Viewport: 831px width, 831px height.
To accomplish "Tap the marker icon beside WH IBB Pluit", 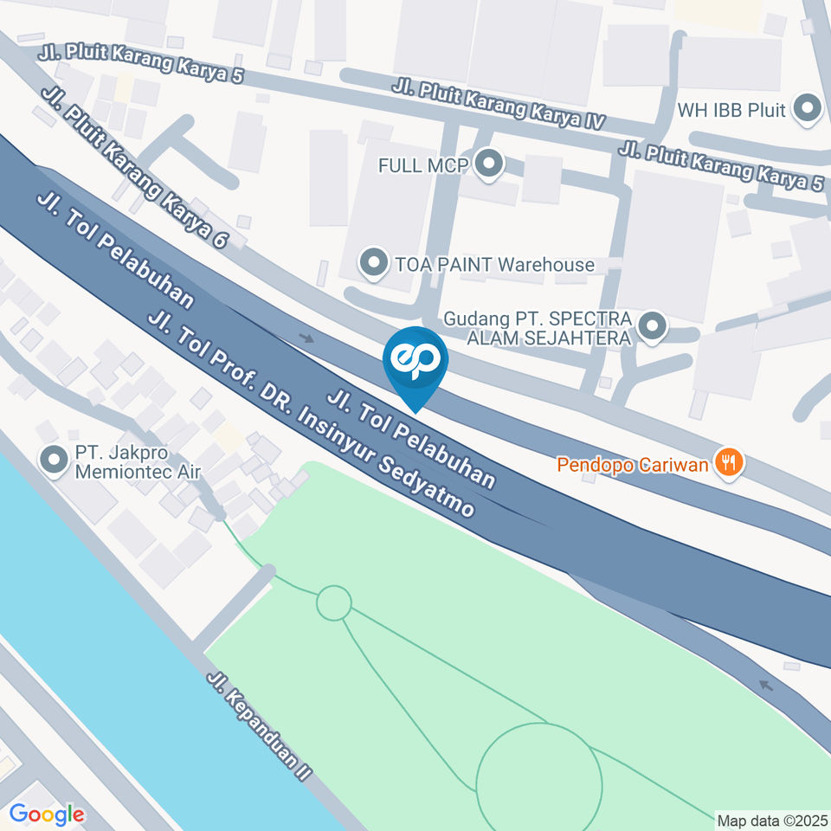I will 808,110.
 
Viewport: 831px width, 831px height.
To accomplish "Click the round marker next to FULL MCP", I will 490,164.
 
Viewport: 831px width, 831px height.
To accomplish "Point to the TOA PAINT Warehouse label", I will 494,264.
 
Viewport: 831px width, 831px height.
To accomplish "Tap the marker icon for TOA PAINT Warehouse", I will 374,263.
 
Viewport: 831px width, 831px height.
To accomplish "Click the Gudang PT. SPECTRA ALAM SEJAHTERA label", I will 537,328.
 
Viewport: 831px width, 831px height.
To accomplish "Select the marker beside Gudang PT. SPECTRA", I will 653,327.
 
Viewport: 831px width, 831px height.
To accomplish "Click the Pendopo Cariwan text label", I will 633,464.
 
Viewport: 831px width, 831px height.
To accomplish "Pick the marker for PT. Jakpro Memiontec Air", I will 55,461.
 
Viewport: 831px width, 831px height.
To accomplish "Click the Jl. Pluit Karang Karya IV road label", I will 497,103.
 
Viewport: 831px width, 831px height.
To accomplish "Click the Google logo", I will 46,814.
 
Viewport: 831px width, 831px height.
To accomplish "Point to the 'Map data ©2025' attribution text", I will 772,820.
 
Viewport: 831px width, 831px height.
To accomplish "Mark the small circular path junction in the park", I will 333,602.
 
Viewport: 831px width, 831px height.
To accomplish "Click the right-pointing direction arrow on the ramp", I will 306,338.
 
